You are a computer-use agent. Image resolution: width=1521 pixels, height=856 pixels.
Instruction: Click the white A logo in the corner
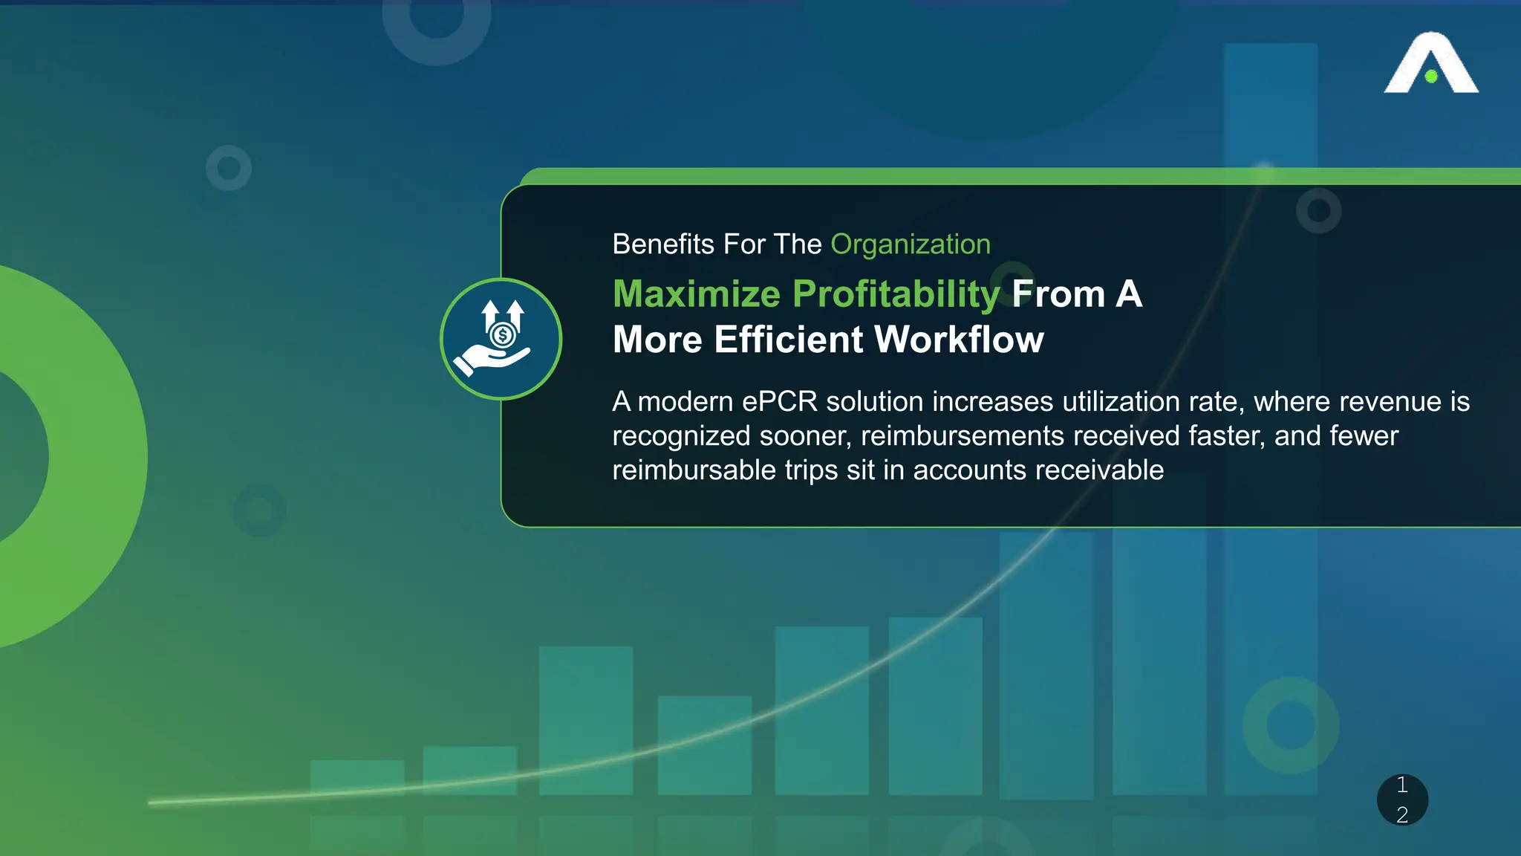tap(1430, 63)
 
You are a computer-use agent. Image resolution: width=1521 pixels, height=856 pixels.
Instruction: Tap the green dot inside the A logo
tap(1431, 77)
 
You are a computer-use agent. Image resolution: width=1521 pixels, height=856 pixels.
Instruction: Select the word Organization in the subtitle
tap(910, 244)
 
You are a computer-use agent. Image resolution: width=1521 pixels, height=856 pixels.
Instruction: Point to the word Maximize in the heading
tap(696, 294)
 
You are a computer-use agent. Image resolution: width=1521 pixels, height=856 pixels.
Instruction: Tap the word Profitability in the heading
tap(896, 294)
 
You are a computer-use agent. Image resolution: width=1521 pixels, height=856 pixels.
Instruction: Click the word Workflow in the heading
tap(959, 340)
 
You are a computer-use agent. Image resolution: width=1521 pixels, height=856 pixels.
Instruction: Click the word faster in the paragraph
tap(1225, 436)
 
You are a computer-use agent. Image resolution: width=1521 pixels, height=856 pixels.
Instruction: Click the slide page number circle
tap(1402, 800)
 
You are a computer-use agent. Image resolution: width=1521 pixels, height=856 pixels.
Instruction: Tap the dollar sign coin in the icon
tap(503, 335)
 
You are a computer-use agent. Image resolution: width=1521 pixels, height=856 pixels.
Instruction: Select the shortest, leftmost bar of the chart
tap(357, 777)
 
